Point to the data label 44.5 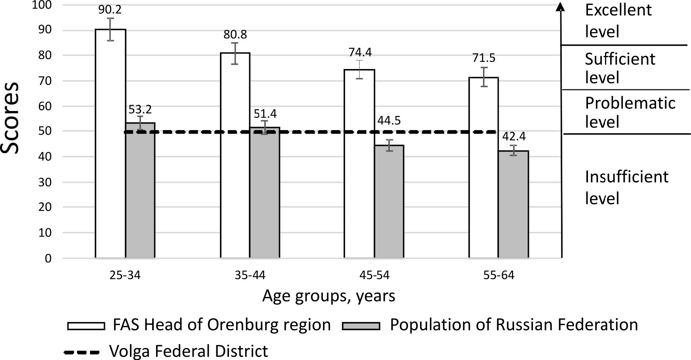[389, 121]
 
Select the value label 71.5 [484, 58]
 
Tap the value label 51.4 [265, 114]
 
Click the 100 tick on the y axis [43, 5]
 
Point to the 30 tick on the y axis [45, 182]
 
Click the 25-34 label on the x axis [126, 275]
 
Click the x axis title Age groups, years [328, 296]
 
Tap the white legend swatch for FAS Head [86, 326]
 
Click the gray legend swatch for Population [361, 326]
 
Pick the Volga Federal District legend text [189, 351]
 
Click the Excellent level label [618, 21]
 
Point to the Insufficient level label [626, 188]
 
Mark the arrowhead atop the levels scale [560, 7]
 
